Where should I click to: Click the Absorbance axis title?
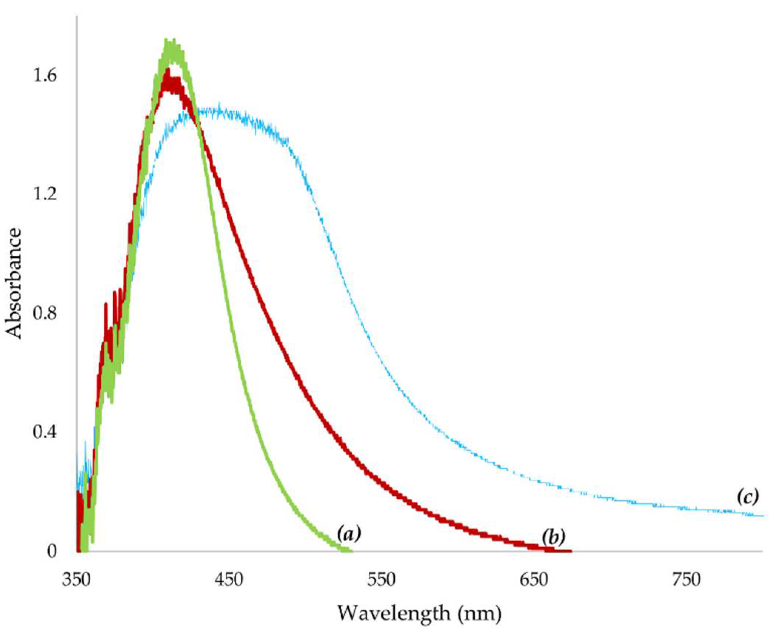pyautogui.click(x=14, y=283)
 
